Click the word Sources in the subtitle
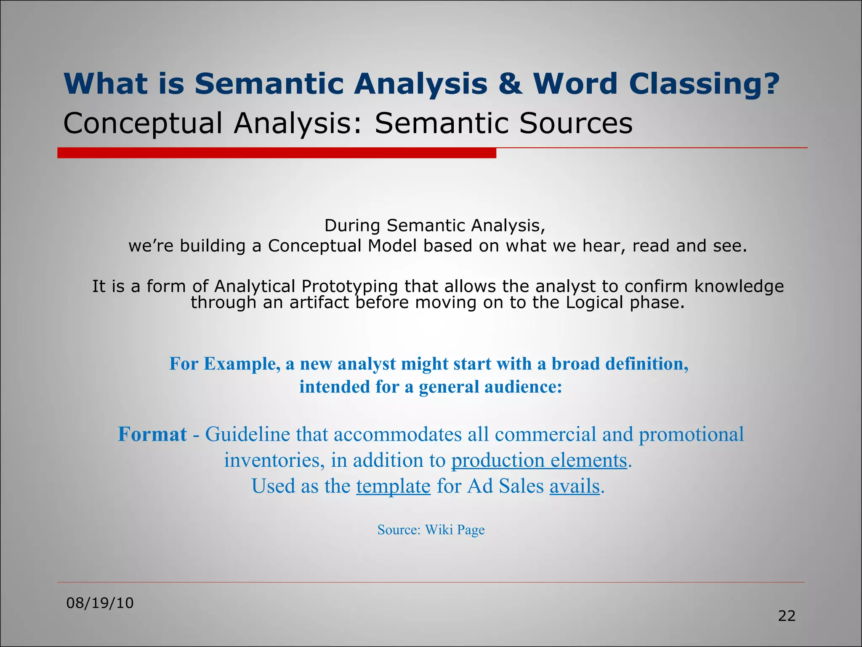(x=575, y=123)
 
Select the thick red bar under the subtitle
(x=277, y=153)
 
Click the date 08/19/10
(x=100, y=603)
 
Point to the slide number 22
(x=786, y=616)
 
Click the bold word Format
(x=152, y=434)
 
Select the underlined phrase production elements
(x=539, y=460)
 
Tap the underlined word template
(x=393, y=487)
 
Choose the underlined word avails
(x=574, y=486)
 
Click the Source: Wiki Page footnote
(x=431, y=529)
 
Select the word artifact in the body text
(x=319, y=302)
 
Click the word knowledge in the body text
(x=739, y=286)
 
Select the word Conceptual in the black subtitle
(x=142, y=123)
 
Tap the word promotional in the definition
(x=691, y=434)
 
